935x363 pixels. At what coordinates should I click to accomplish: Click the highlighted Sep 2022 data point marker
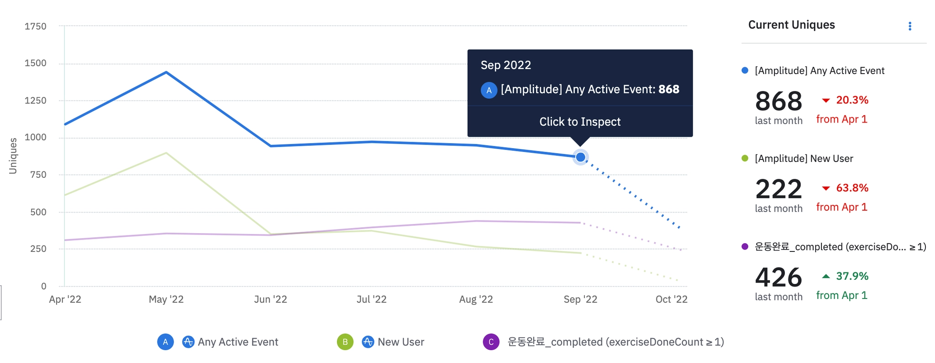coord(580,157)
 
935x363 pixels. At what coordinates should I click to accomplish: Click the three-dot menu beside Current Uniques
coord(909,26)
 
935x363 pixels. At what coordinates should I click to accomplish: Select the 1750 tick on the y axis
coord(36,27)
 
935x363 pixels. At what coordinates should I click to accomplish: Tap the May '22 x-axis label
coord(166,299)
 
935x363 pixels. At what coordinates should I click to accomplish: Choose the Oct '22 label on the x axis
coord(671,299)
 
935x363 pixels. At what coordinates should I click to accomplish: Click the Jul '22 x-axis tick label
coord(371,299)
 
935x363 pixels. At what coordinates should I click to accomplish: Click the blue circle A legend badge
coord(165,342)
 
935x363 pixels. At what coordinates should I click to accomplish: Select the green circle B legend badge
coord(345,342)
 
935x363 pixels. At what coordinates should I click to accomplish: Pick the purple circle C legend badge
coord(491,342)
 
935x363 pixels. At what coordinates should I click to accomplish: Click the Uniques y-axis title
coord(13,156)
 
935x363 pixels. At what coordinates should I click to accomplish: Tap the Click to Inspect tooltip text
coord(580,122)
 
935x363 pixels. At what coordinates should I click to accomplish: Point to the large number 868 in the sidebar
coord(778,101)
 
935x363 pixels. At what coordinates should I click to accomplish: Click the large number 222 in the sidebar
coord(778,189)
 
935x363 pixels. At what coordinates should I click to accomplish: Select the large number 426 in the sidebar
coord(778,278)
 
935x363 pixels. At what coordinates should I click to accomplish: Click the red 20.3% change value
coord(852,100)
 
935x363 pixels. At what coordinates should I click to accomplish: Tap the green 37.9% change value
coord(852,276)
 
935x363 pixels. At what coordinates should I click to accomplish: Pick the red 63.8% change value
coord(852,188)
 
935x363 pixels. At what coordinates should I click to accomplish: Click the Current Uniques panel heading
coord(791,25)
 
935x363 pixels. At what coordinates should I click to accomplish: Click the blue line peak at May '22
coord(166,72)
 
